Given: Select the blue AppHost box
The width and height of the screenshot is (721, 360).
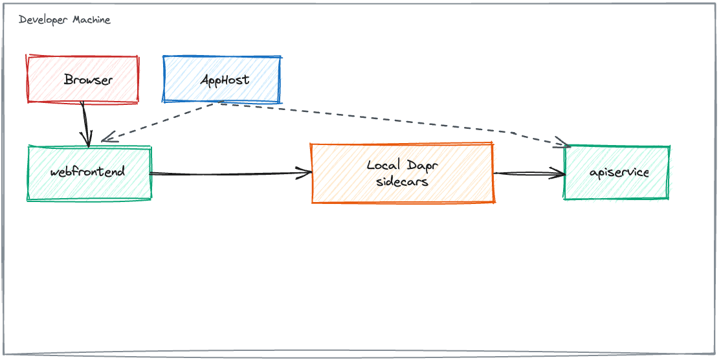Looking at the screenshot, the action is [x=222, y=79].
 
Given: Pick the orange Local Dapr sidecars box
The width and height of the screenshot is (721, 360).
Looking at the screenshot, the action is [x=403, y=173].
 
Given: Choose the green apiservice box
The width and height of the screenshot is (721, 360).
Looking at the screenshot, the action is [x=617, y=172].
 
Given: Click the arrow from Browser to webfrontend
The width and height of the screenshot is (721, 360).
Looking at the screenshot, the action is [x=85, y=124].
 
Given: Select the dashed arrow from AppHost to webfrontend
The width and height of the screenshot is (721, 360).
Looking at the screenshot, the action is [x=159, y=122].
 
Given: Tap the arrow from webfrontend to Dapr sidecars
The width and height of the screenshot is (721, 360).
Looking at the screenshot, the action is [x=231, y=174].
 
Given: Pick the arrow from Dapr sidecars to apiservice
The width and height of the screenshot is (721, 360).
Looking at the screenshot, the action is [x=529, y=174].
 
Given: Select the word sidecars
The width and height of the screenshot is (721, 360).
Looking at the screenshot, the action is [x=403, y=181].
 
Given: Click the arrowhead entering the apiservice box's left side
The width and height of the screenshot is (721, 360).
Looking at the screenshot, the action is [x=557, y=174].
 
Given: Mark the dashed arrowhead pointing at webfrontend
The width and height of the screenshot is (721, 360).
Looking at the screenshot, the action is [x=109, y=137].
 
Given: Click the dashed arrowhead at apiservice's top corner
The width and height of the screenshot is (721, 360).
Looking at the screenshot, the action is [x=563, y=142].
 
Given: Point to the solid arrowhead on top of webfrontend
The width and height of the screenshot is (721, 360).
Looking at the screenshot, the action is [x=87, y=140].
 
